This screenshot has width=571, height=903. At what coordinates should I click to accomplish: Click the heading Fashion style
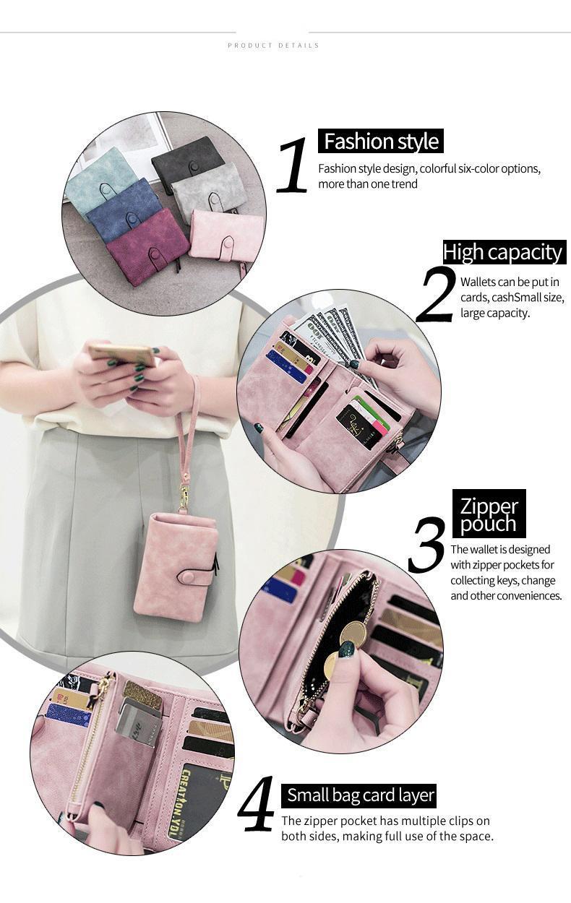(x=381, y=141)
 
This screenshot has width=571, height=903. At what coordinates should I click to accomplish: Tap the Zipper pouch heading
(x=489, y=514)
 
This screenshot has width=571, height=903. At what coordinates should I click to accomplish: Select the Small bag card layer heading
(x=361, y=795)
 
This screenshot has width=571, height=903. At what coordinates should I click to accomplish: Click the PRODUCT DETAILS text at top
(x=273, y=46)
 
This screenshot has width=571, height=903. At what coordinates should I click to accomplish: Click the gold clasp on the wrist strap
(x=185, y=495)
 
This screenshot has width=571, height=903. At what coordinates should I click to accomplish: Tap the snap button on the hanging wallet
(x=187, y=578)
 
